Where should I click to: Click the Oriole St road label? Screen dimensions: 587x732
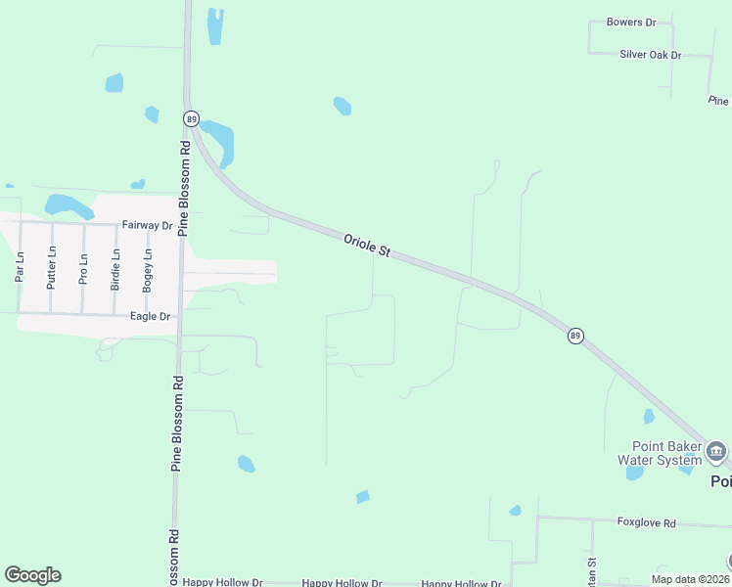click(367, 245)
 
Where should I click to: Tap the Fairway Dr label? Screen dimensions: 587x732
click(147, 225)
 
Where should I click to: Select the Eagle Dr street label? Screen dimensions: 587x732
click(151, 317)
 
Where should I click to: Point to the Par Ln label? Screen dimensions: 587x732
click(19, 267)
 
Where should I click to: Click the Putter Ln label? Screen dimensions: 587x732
click(52, 266)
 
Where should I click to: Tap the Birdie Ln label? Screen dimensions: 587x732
click(115, 269)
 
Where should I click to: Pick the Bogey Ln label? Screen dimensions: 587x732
click(148, 269)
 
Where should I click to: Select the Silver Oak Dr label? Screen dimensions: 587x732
click(650, 55)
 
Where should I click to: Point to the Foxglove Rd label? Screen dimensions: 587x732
click(647, 523)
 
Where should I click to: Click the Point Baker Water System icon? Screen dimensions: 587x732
click(716, 451)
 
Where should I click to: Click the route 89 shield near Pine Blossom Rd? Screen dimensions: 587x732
click(191, 117)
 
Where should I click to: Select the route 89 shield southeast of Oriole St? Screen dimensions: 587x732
click(575, 335)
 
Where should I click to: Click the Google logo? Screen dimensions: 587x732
click(32, 575)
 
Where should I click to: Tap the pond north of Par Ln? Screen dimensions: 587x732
click(67, 205)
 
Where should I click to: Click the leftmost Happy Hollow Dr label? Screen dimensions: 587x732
click(222, 583)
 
